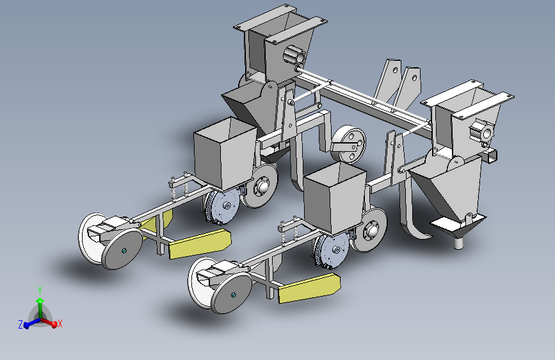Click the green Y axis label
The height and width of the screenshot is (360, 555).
point(40,291)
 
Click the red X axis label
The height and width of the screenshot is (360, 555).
point(60,323)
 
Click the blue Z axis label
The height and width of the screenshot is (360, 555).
point(20,324)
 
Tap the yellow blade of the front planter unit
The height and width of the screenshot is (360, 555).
point(309,288)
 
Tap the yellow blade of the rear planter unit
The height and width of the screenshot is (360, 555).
point(200,244)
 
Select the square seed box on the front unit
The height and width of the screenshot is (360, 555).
point(335,199)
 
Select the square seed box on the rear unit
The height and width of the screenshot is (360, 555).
point(225,153)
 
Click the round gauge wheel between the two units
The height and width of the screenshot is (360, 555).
point(348,144)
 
